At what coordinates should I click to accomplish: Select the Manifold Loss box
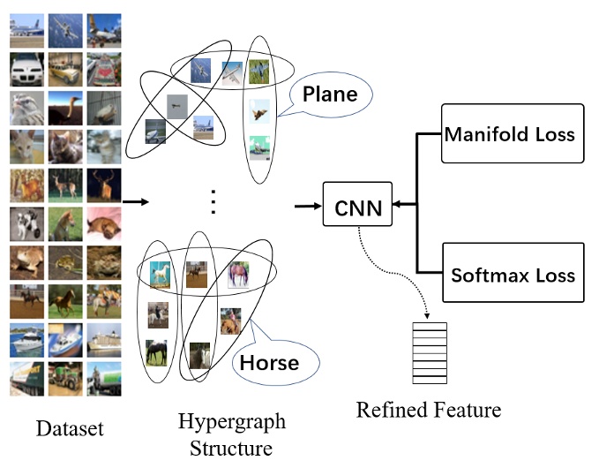(512, 134)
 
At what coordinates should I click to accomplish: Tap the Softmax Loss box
(512, 274)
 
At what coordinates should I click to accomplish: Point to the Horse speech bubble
(271, 361)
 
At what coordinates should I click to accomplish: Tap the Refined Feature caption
(429, 410)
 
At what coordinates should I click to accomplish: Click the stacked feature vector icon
(430, 352)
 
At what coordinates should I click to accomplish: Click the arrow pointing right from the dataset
(135, 202)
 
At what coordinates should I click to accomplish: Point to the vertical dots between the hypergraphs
(212, 202)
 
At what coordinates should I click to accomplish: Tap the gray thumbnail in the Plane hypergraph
(176, 104)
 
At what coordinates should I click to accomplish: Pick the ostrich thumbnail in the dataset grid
(65, 108)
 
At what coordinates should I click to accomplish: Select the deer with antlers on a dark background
(104, 185)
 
